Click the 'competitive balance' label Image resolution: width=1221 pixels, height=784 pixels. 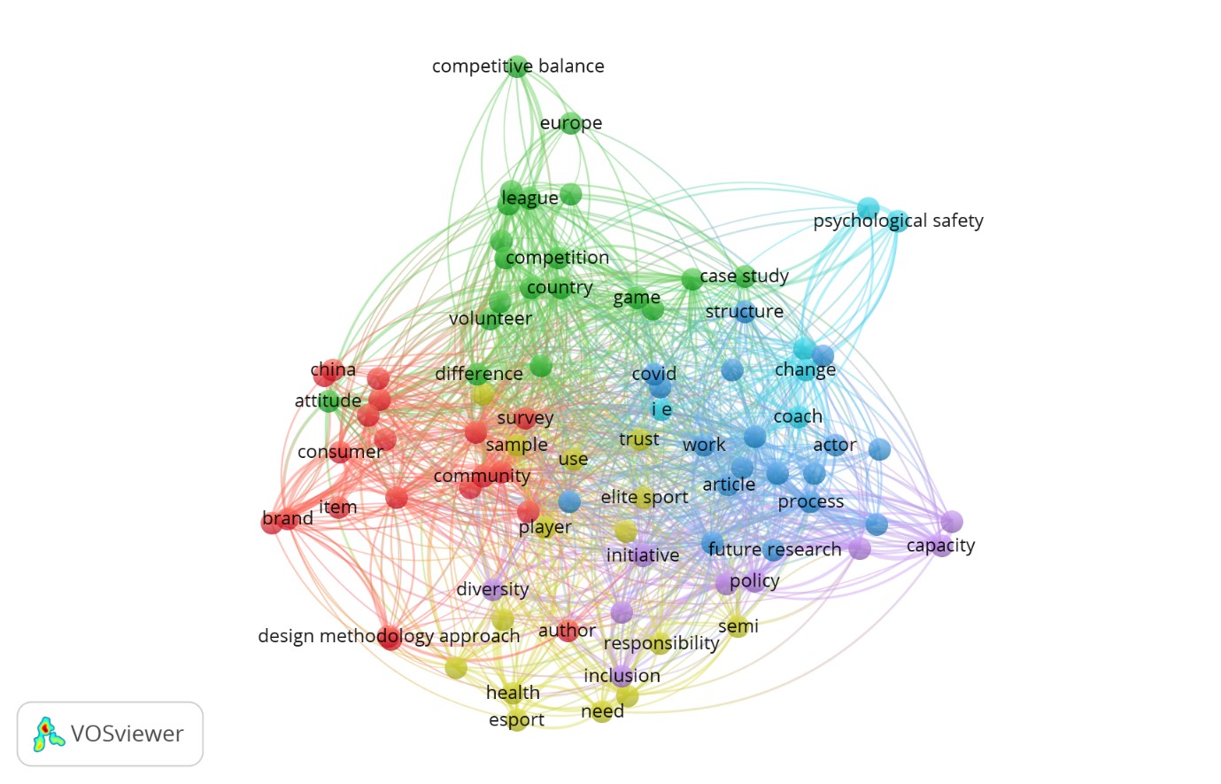518,66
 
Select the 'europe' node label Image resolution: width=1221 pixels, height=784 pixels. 571,123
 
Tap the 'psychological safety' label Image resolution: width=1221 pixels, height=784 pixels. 898,221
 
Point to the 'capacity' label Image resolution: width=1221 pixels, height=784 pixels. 940,546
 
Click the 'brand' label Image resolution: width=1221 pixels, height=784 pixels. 288,518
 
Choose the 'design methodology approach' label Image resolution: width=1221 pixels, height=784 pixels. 389,636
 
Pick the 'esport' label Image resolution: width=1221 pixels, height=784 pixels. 516,720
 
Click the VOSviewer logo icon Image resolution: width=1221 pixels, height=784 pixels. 49,734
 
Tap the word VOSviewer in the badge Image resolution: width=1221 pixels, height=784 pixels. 127,734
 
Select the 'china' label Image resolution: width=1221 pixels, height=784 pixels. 333,370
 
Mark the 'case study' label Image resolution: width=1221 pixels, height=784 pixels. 744,276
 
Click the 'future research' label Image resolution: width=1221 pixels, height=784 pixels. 775,549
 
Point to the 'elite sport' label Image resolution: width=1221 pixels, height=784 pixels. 645,497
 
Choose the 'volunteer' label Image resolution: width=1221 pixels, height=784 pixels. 491,319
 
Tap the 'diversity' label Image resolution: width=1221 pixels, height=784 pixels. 492,589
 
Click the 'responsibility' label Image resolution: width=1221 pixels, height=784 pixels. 661,643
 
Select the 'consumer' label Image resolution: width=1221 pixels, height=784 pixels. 340,452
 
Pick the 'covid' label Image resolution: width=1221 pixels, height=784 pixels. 653,374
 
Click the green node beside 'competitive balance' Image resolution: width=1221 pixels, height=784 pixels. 518,66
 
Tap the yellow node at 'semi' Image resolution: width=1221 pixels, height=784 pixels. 737,628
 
